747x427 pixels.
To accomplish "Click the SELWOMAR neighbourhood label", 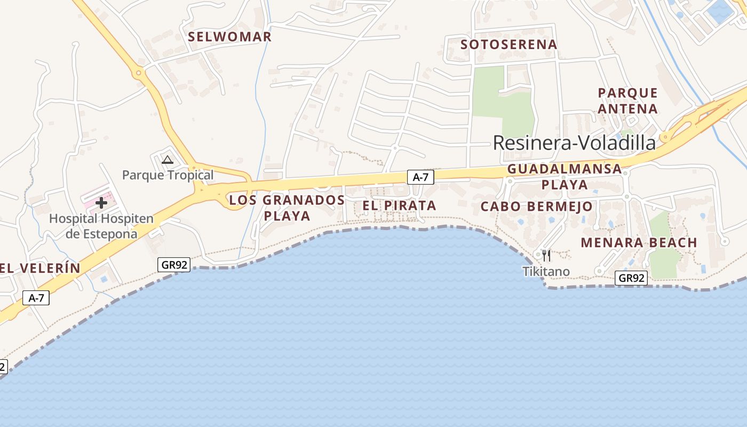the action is [x=230, y=37].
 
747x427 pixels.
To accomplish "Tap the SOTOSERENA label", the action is [x=508, y=44].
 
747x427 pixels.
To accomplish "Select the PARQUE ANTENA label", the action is [x=627, y=100].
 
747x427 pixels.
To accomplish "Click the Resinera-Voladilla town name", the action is [x=574, y=143].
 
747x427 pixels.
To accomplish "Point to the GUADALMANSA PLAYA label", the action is [x=565, y=177].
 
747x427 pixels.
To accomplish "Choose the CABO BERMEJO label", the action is [x=536, y=207].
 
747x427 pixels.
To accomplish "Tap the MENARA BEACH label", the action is [x=639, y=243].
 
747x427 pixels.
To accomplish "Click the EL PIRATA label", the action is [x=399, y=205].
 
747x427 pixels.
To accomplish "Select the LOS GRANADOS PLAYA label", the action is [x=287, y=208].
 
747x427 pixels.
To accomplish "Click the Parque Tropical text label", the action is [x=168, y=175].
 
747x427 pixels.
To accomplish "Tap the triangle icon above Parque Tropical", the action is [x=168, y=160].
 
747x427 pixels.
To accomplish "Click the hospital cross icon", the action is [x=101, y=203].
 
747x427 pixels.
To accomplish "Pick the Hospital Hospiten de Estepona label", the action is [x=101, y=226].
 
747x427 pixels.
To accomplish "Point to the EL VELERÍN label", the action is [x=40, y=268].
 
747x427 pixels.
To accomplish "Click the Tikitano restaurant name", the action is [x=546, y=272].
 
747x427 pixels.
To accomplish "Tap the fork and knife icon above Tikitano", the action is [x=546, y=256].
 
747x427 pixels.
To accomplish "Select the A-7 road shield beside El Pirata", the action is [x=420, y=177].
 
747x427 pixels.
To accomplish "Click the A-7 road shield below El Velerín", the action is [x=36, y=298].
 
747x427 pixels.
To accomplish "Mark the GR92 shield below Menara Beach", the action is [x=631, y=278].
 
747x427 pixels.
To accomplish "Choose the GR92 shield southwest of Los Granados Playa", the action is [x=174, y=264].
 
